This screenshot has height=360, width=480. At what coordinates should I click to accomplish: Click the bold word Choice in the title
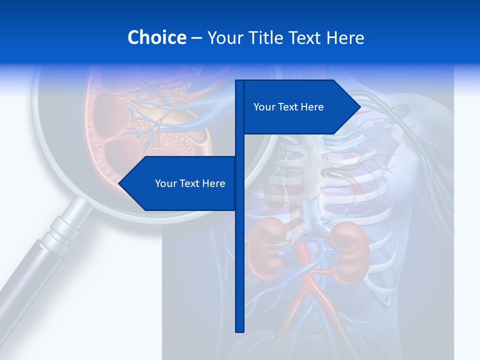coord(156,37)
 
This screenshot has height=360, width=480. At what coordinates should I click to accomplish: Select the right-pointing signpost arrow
coord(300,107)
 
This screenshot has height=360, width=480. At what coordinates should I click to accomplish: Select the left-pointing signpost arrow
coord(180,183)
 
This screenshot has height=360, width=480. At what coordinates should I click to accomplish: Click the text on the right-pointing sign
coord(288,107)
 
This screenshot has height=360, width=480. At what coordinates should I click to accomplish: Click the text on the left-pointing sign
coord(190,183)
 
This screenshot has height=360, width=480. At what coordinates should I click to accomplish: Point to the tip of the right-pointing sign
coord(359,106)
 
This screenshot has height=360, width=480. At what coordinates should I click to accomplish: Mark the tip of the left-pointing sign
coord(119,183)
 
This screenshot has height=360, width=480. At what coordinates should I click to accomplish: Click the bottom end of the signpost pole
coord(239,330)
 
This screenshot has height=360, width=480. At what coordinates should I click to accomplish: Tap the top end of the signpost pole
coord(239,81)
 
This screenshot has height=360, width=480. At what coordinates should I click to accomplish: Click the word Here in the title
coord(345,37)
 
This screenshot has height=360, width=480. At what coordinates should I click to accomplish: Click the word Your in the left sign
coord(164,183)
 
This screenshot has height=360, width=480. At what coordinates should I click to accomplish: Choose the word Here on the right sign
coord(311,107)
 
